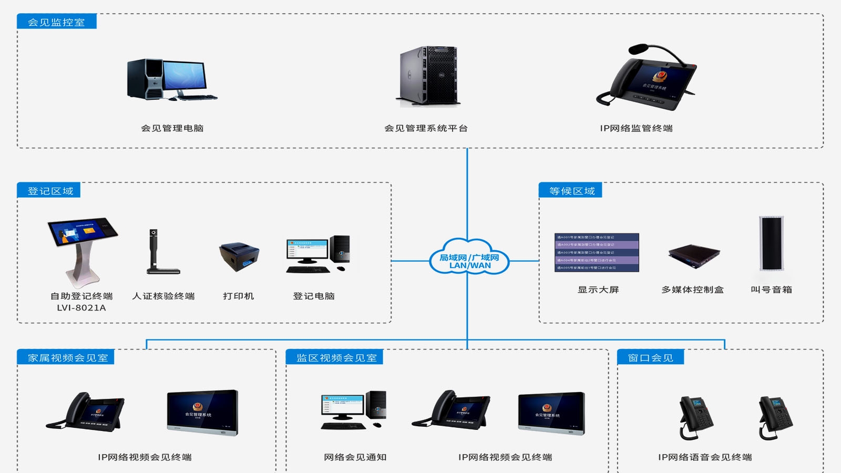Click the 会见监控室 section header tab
click(x=56, y=22)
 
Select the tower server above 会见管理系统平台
click(x=428, y=76)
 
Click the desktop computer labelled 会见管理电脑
click(x=171, y=79)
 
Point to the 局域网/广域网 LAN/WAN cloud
click(x=469, y=258)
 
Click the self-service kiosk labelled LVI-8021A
click(x=81, y=250)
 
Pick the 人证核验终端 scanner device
click(x=160, y=252)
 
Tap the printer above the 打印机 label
click(x=239, y=256)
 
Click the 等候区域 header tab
click(x=571, y=190)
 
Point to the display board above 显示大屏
click(x=597, y=253)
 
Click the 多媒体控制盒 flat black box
click(x=693, y=255)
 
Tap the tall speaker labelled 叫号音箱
click(x=771, y=243)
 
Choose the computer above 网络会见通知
click(x=353, y=410)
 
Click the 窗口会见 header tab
click(x=651, y=357)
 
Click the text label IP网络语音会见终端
click(x=705, y=457)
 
